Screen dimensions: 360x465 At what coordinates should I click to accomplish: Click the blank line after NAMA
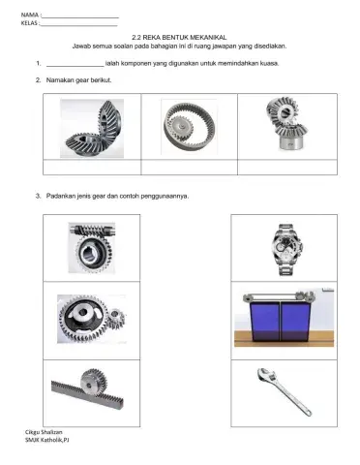80,17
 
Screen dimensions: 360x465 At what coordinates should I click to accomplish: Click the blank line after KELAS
78,26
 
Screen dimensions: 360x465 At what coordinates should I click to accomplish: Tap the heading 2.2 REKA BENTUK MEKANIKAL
179,38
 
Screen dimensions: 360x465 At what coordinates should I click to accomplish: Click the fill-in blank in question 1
75,67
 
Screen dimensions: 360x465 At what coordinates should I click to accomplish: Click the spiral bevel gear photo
92,129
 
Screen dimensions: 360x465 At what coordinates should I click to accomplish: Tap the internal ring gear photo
189,126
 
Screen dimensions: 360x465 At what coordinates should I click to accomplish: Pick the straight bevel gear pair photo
286,124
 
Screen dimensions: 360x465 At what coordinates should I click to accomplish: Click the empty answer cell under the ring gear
190,168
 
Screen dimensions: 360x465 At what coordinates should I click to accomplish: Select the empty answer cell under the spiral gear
92,168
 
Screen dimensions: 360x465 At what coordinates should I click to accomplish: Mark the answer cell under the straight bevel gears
287,168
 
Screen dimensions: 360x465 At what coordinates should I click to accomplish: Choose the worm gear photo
92,248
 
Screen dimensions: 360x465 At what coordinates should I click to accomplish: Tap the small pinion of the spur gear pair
116,318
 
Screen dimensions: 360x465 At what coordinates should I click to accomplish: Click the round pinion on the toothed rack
94,383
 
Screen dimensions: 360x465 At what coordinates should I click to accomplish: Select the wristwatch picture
286,250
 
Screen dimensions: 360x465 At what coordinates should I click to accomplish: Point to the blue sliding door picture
284,317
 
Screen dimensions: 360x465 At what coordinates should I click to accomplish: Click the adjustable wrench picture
284,391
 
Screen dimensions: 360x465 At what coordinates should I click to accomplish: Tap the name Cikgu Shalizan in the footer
44,432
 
